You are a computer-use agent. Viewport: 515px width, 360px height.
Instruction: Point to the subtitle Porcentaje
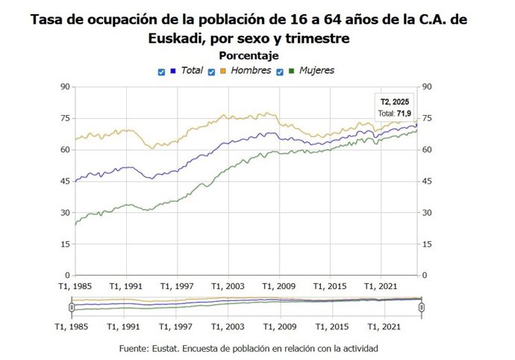tap(249, 56)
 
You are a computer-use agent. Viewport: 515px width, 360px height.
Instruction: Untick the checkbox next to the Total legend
tap(161, 72)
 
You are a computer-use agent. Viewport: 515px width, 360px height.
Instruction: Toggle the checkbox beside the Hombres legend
tap(211, 72)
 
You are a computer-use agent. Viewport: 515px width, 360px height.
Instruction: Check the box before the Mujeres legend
tap(280, 72)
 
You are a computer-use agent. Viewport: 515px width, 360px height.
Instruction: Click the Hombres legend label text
tap(251, 71)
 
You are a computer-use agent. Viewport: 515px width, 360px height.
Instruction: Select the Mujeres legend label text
tap(316, 71)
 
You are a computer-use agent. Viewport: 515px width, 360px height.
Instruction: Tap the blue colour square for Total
tap(173, 71)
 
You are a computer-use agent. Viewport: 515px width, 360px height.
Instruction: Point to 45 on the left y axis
tap(65, 181)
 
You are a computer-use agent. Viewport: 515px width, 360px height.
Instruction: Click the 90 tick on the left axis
tap(65, 87)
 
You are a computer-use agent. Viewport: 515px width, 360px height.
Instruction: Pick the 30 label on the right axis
tap(428, 213)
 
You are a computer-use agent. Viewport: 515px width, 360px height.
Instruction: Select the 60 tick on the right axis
tap(428, 150)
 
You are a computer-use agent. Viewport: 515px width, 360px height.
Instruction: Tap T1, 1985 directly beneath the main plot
tap(75, 286)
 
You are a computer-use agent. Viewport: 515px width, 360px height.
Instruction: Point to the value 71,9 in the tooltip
tap(405, 114)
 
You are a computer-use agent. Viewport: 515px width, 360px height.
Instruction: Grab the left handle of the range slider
tap(72, 307)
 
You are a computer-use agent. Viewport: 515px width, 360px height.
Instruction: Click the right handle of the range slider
tap(422, 307)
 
